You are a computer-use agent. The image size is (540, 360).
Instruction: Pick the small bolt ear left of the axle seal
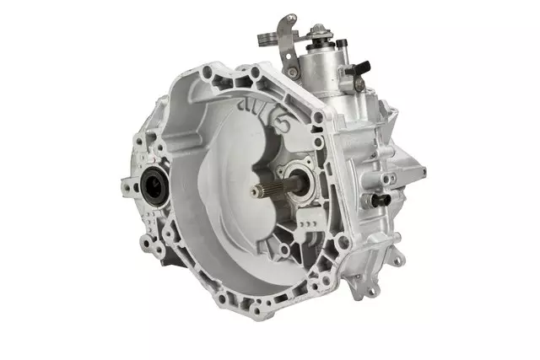coord(127,181)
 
